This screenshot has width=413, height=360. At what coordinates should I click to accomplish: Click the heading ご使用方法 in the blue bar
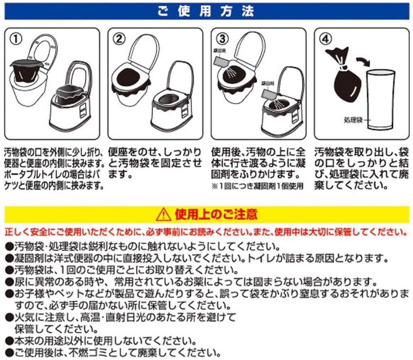(x=206, y=11)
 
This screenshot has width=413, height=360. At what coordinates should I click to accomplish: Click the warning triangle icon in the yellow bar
(x=163, y=214)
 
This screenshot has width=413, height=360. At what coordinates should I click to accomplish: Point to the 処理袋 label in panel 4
(x=354, y=120)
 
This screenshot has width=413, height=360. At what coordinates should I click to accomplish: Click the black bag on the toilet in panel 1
(x=27, y=72)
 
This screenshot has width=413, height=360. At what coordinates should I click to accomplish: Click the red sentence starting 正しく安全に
(x=206, y=232)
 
